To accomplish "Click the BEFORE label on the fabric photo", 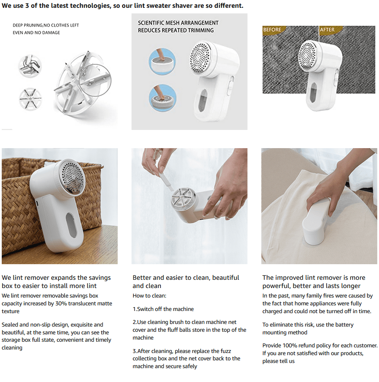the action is pyautogui.click(x=272, y=30).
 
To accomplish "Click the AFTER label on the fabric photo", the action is pyautogui.click(x=327, y=30).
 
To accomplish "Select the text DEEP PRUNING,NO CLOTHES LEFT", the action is pyautogui.click(x=46, y=25).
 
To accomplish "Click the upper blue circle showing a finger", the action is pyautogui.click(x=162, y=61).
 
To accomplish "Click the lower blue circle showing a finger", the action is pyautogui.click(x=162, y=98).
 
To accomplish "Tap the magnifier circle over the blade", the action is pyautogui.click(x=95, y=80).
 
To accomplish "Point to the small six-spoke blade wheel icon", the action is pyautogui.click(x=30, y=99).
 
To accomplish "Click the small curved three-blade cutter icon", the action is pyautogui.click(x=30, y=66).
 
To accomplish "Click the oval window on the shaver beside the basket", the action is pyautogui.click(x=71, y=225).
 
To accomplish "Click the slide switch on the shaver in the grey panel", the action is pyautogui.click(x=230, y=85).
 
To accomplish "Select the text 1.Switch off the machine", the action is pyautogui.click(x=163, y=309).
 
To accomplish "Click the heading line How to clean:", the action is pyautogui.click(x=149, y=296).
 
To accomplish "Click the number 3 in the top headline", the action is pyautogui.click(x=27, y=6).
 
